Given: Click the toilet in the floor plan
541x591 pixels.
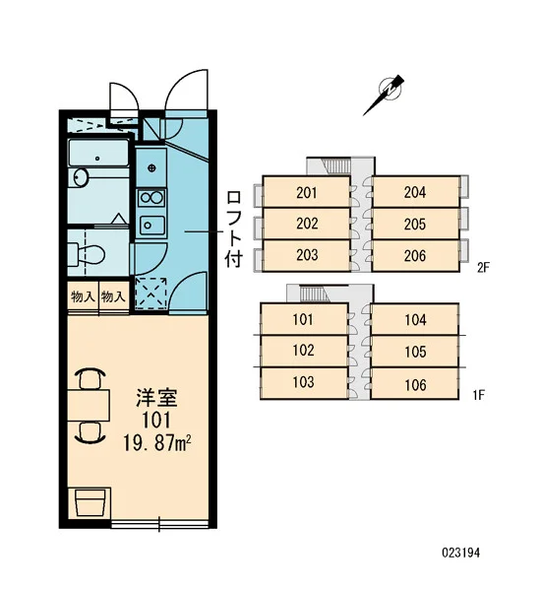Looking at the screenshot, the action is pos(87,254).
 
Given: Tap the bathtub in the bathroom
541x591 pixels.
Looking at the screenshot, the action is pos(98,153).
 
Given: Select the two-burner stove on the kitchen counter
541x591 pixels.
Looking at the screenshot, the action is pos(151,198).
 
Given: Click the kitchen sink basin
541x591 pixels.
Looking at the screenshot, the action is pos(152,226).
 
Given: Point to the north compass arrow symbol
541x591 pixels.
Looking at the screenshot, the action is pos(385,95).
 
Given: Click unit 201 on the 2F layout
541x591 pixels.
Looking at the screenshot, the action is pos(307,192).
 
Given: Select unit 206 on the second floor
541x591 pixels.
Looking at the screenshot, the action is pos(416,256).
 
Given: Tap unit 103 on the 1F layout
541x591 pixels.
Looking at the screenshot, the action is pos(303,383).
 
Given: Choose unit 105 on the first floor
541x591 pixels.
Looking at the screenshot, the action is pos(415,352).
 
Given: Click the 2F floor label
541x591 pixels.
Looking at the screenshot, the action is pos(483,268).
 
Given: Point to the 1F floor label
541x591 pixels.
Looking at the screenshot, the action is pos(478,395).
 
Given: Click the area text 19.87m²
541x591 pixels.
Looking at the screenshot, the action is pos(157,443).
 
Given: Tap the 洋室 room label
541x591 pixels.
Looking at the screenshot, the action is pos(156,397).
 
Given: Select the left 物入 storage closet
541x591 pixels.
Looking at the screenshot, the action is pos(84,296).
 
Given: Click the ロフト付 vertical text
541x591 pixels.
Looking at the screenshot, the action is pos(234,229).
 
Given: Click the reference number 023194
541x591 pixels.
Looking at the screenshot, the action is pos(460,553).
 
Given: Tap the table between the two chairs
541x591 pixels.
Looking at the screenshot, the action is pos(89,406).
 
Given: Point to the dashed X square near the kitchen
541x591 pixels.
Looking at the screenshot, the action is pos(150,293).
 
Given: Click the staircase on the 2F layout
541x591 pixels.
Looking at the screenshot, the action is pos(337,165).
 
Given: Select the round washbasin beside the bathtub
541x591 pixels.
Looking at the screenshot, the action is pos(82,177).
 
